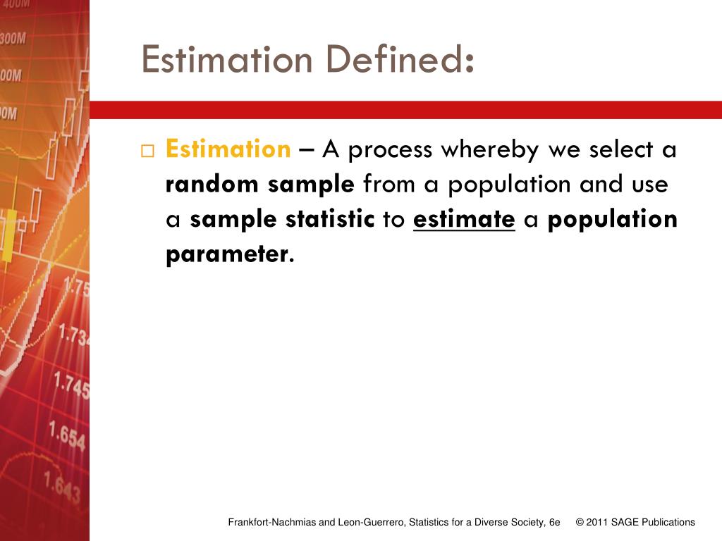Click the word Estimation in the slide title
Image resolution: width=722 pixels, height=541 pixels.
226,59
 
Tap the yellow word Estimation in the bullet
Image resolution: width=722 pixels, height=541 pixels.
228,149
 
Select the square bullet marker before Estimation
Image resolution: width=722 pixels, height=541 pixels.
147,151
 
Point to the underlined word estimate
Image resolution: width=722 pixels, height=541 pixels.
464,219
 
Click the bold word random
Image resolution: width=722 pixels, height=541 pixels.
212,184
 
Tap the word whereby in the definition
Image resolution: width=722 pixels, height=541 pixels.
490,150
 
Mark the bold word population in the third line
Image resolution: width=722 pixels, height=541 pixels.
613,220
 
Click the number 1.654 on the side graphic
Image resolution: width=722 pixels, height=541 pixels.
67,435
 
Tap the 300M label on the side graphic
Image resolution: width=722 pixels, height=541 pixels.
13,38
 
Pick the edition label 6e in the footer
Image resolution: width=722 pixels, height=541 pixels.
554,522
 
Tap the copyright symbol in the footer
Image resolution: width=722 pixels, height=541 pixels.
580,522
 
